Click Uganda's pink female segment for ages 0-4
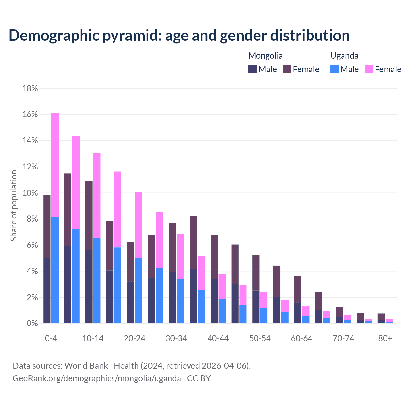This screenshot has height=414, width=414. point(55,165)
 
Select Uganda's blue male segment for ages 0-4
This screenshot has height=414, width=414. point(55,270)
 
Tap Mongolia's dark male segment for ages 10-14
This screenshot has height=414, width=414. point(89,287)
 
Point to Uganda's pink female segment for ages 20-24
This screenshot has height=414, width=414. point(138,225)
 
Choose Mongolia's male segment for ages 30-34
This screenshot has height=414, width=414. point(172,298)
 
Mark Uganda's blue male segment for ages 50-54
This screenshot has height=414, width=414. point(264,316)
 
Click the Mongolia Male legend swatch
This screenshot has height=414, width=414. point(253,69)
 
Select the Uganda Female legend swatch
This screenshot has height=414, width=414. point(369,69)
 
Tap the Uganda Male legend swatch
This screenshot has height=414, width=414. point(334,69)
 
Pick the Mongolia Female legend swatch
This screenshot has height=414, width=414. point(287,69)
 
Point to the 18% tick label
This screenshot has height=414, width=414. point(30,88)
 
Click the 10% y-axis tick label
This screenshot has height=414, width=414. point(30,193)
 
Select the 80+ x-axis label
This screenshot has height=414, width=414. point(385,338)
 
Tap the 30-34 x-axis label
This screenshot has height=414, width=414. point(176,338)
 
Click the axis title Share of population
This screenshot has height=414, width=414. point(14,206)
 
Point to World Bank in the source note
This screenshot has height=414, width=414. point(86,366)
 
